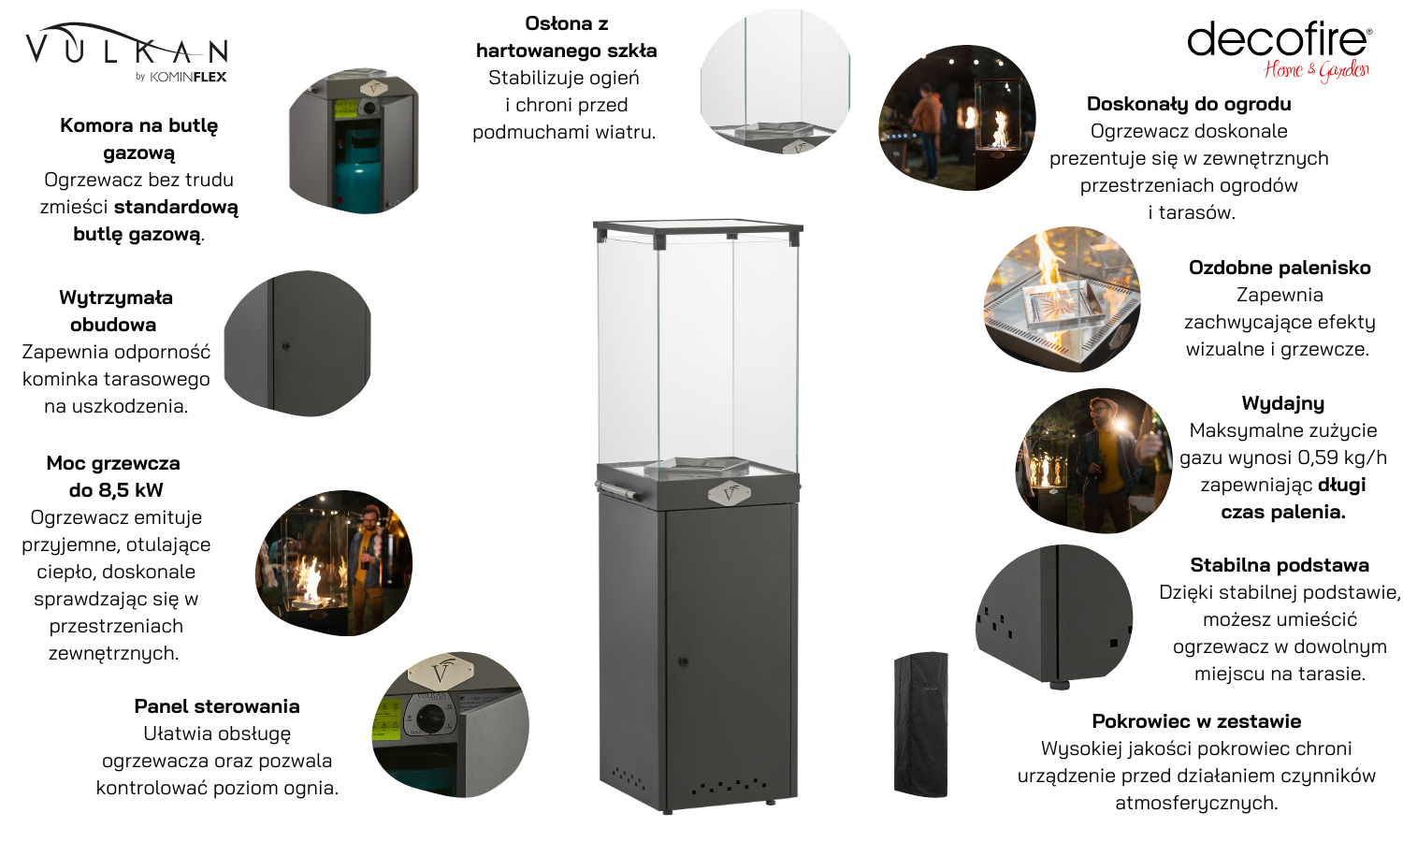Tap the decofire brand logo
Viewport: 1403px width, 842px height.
point(1279,51)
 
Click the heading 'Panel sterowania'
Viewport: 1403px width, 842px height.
point(217,706)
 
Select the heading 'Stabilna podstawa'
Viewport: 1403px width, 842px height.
point(1279,565)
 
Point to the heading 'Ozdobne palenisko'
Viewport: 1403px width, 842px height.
point(1280,268)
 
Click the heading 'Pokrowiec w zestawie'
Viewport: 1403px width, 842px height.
point(1196,721)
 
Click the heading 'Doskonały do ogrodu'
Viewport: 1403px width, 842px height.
point(1189,103)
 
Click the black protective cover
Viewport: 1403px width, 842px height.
point(920,724)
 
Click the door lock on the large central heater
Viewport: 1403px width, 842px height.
point(684,661)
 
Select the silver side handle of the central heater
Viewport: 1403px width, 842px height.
point(617,490)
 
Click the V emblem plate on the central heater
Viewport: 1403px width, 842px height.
point(729,494)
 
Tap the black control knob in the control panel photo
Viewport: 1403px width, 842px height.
point(431,717)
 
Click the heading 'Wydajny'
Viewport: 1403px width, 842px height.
point(1282,403)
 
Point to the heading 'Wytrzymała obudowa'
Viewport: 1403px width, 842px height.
point(115,311)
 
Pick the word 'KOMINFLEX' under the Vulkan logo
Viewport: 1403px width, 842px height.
point(188,77)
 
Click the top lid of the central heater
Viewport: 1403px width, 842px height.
point(698,226)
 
